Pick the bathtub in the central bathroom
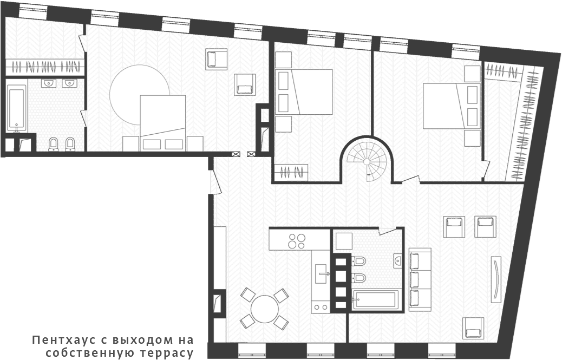tap(375, 300)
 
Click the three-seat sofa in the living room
tap(420, 279)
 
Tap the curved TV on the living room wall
tap(496, 279)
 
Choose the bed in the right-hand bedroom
tap(451, 106)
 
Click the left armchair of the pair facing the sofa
tap(454, 227)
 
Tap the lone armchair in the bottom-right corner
tap(473, 328)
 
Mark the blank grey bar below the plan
tap(113, 347)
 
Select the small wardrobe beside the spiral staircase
tap(291, 173)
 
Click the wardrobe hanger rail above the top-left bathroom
tap(45, 68)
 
